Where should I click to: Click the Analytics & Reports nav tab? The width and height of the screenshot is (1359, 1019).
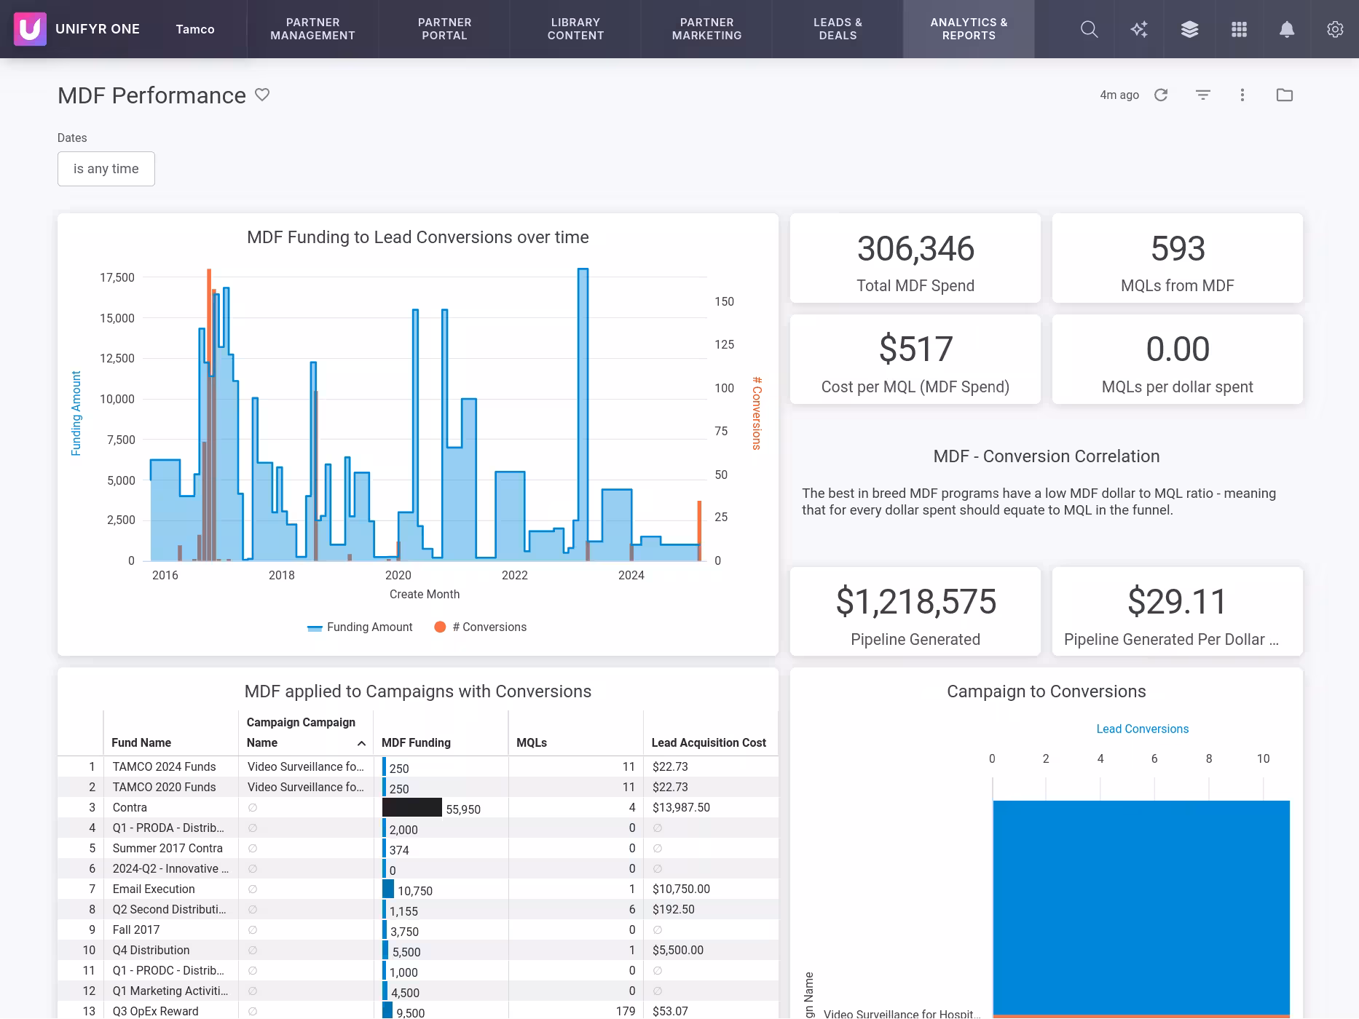coord(968,29)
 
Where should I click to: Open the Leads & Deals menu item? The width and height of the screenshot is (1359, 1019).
coord(838,29)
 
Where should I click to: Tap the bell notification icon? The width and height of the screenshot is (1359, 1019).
coord(1287,29)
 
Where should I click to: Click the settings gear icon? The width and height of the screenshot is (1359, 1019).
coord(1334,29)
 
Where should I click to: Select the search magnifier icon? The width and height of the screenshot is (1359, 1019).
coord(1089,29)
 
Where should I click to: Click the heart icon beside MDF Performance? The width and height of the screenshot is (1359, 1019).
coord(262,95)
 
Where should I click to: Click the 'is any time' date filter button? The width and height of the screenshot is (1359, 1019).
coord(106,169)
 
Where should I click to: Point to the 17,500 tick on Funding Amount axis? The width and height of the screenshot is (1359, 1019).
coord(117,277)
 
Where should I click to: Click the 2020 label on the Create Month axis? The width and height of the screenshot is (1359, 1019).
coord(398,575)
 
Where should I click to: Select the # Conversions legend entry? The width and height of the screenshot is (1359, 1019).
coord(489,627)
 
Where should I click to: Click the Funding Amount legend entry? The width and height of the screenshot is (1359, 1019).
coord(369,627)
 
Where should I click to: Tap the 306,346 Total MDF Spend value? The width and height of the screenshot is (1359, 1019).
coord(915,249)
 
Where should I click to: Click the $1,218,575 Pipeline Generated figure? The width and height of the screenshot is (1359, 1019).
coord(915,602)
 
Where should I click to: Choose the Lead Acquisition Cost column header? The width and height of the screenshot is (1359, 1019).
coord(708,742)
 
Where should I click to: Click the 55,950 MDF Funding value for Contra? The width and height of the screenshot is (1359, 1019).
coord(462,809)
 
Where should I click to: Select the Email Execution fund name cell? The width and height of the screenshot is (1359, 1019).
coord(154,889)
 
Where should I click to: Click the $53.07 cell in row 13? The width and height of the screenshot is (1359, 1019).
coord(670,1011)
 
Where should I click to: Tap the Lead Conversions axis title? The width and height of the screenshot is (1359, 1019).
coord(1142,729)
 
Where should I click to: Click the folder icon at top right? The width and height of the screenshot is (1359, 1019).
coord(1284,95)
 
